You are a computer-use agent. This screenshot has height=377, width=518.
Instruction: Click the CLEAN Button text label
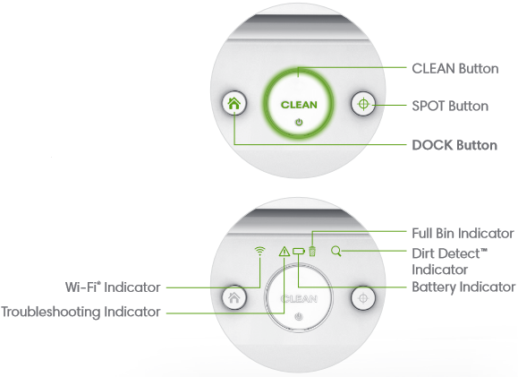pos(454,68)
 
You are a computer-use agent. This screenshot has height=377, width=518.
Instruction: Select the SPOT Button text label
pos(449,106)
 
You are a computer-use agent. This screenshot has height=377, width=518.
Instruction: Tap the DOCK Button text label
pos(454,144)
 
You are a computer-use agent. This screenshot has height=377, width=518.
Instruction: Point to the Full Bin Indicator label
pos(463,232)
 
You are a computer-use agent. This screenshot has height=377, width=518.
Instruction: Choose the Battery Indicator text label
pos(463,287)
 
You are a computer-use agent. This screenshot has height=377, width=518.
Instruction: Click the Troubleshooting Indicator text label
pos(81,312)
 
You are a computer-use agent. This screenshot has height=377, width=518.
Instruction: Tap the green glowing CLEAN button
pos(298,105)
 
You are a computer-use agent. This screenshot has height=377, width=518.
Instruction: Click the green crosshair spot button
pos(362,104)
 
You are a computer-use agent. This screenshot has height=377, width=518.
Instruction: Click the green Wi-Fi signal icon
pos(260,252)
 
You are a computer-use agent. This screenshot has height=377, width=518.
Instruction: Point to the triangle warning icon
pos(284,252)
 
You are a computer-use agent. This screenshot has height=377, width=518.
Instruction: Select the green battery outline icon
pos(299,252)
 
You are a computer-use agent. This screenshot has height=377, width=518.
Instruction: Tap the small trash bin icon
pos(312,252)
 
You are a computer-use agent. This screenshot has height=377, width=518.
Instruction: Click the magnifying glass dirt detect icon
pos(335,252)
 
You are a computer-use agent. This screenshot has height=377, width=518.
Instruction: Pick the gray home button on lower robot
pos(234,296)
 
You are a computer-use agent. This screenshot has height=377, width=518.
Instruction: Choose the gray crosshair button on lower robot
pos(362,296)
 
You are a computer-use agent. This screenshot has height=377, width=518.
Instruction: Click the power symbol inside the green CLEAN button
pos(298,121)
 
